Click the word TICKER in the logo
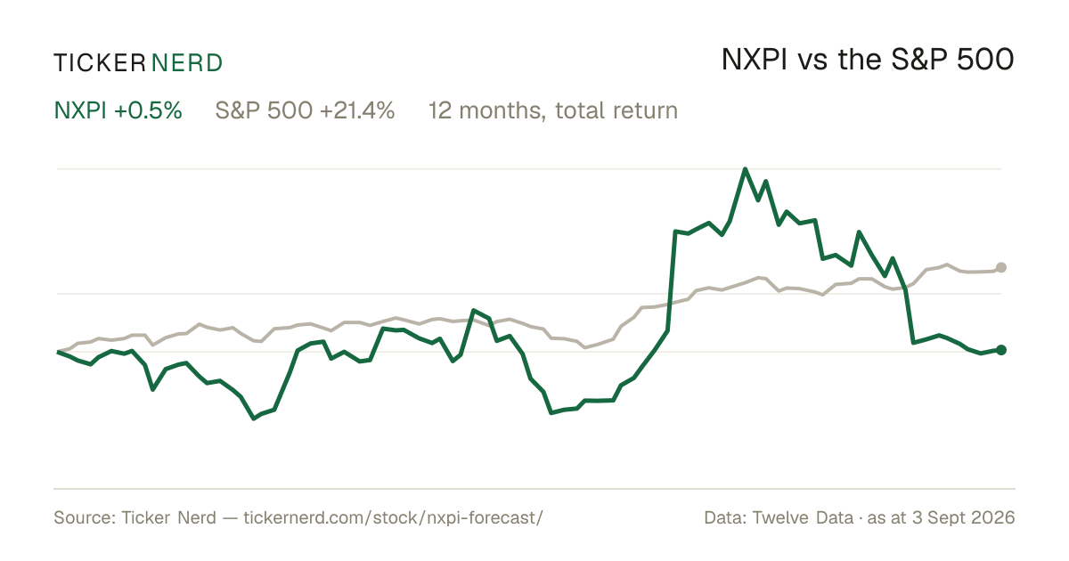click(100, 63)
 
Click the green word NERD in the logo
click(186, 63)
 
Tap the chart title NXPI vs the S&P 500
click(868, 60)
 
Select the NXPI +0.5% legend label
click(118, 110)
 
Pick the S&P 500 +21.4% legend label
click(305, 110)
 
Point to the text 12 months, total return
click(553, 110)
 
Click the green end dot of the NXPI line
click(1001, 350)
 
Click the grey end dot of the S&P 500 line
click(1001, 268)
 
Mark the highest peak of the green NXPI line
click(745, 169)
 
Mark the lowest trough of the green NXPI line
click(253, 419)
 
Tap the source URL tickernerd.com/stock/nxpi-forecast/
click(393, 517)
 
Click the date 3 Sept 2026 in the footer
click(964, 517)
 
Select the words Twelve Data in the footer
click(803, 517)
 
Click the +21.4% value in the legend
click(357, 110)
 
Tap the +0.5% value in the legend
click(149, 110)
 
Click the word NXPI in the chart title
click(754, 60)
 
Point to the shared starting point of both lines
click(58, 352)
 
